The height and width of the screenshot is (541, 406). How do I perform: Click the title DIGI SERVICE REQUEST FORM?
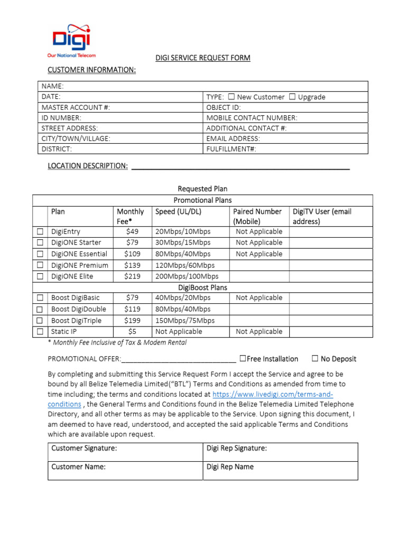click(x=202, y=58)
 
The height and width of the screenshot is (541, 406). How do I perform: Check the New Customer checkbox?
click(x=232, y=97)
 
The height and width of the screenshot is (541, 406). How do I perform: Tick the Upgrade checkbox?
click(x=292, y=97)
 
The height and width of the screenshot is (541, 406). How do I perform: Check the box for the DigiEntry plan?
click(x=40, y=232)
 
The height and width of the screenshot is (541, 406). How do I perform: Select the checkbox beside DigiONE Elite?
click(x=40, y=276)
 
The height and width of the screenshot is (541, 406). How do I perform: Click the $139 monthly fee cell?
click(x=132, y=265)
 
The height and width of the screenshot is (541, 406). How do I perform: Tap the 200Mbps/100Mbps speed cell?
click(x=187, y=276)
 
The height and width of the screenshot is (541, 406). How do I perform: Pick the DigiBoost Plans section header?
click(x=202, y=287)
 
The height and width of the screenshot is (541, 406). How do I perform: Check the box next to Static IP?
click(x=40, y=332)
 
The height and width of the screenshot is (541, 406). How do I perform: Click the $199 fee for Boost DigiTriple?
click(x=132, y=321)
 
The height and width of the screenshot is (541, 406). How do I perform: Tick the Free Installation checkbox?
click(x=243, y=359)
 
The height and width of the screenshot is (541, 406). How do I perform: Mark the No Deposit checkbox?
click(x=315, y=359)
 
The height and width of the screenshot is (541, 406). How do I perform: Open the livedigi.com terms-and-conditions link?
click(x=272, y=395)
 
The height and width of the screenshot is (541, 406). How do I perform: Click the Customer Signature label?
click(x=84, y=449)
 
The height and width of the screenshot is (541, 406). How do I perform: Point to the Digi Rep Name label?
click(x=230, y=467)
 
